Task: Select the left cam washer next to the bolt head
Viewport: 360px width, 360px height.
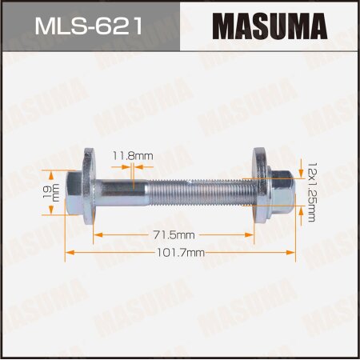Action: [x=88, y=192]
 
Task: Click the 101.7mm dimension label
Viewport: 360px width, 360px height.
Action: [x=180, y=252]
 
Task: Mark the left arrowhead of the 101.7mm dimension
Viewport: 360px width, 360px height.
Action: [x=67, y=252]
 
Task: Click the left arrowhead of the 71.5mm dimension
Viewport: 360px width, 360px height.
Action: [x=97, y=236]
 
